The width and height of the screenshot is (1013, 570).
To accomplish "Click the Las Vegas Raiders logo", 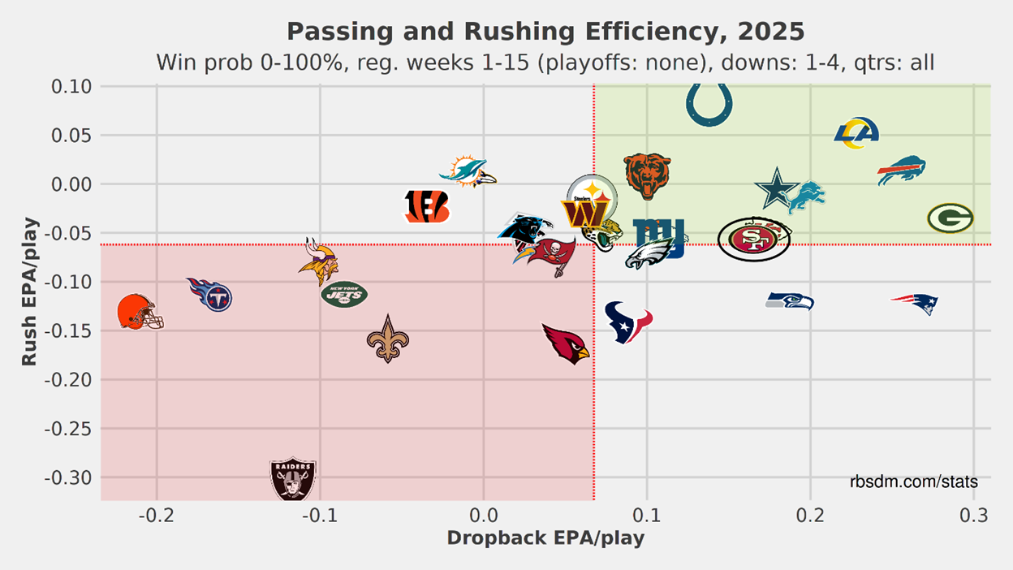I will (292, 478).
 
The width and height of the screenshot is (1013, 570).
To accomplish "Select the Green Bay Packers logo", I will (950, 218).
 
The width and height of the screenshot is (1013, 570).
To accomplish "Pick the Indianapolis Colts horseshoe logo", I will (709, 104).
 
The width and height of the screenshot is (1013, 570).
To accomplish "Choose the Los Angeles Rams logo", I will (856, 133).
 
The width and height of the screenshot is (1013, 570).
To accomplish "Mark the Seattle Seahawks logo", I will (790, 301).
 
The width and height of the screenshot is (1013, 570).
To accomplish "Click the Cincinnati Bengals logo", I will (427, 207).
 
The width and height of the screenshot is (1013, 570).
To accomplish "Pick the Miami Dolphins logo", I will (468, 172).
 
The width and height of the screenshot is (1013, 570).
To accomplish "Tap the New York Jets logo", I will (344, 294).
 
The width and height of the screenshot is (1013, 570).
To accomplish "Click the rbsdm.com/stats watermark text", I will (913, 482).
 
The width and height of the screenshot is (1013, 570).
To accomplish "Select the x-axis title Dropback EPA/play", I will (545, 538).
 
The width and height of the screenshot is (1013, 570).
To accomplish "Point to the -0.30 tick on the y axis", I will (69, 477).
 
